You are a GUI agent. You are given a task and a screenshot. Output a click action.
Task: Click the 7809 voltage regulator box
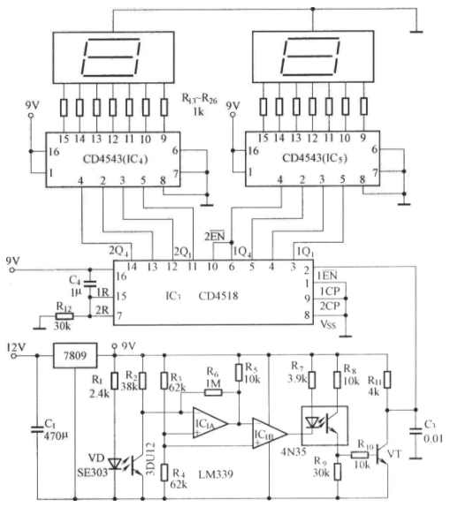[75, 356]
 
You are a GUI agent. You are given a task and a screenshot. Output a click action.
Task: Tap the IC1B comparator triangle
[270, 434]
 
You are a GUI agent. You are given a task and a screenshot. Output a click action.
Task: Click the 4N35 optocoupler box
[324, 426]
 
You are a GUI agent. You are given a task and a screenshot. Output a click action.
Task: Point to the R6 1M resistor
[213, 392]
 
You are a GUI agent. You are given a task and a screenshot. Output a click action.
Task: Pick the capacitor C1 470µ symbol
[37, 429]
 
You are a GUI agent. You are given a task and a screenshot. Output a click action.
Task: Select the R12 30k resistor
[65, 316]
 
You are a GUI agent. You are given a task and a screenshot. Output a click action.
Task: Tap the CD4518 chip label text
[218, 296]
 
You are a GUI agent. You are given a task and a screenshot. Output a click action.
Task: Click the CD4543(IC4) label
[115, 159]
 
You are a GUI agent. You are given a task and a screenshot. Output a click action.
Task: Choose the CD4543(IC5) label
[315, 158]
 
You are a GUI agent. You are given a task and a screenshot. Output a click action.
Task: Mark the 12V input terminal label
[16, 348]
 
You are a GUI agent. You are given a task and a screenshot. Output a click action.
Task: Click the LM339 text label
[216, 474]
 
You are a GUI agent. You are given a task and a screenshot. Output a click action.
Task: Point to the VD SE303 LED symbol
[114, 465]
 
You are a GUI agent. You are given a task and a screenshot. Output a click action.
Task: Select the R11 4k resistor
[387, 380]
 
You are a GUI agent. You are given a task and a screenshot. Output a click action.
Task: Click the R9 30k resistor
[338, 472]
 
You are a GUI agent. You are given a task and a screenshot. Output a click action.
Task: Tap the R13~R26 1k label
[199, 104]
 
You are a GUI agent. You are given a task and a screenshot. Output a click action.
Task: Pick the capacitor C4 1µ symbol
[90, 284]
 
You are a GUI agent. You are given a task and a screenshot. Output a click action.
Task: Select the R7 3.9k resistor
[311, 380]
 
